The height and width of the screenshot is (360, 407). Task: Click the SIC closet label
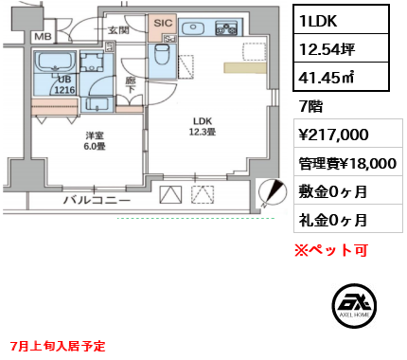point(163,23)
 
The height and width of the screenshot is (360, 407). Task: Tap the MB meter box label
point(43,37)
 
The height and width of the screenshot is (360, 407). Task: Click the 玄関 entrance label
point(118,30)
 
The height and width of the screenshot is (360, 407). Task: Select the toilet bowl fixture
point(162,54)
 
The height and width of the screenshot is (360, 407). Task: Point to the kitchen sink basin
point(193,27)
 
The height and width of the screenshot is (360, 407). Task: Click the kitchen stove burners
point(226,27)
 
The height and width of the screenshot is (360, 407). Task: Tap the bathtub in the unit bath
point(55,63)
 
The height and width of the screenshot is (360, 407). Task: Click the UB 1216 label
point(64,84)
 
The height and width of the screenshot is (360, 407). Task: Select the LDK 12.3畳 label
point(203,126)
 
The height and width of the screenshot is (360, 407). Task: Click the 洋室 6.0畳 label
point(95,141)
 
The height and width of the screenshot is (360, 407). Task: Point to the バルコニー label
point(97,200)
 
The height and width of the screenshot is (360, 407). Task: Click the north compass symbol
point(273,192)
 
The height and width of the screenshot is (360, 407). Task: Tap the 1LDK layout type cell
point(341,20)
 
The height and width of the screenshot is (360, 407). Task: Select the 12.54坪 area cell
point(341,48)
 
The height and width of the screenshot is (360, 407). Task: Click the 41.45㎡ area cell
point(341,77)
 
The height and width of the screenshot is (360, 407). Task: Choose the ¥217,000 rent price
point(333,135)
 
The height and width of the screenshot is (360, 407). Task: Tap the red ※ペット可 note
point(331,250)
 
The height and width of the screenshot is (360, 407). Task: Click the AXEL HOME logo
point(354,306)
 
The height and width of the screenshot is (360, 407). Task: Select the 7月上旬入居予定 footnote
point(58,346)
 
